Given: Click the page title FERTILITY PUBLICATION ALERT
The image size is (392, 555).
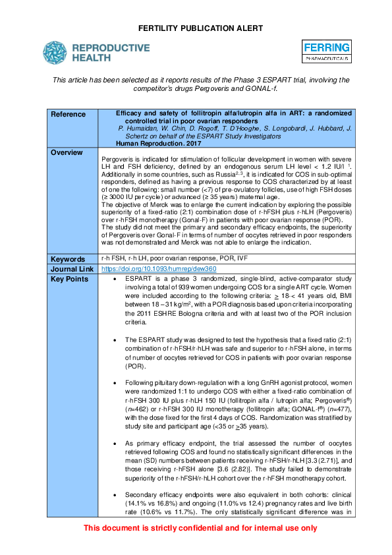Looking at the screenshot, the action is click(x=196, y=28).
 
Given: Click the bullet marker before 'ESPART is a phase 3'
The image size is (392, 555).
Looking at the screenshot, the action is click(x=115, y=279).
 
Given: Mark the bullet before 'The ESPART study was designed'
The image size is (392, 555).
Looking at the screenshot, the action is click(x=115, y=339).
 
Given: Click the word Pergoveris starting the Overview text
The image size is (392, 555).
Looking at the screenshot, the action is click(x=118, y=160).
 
